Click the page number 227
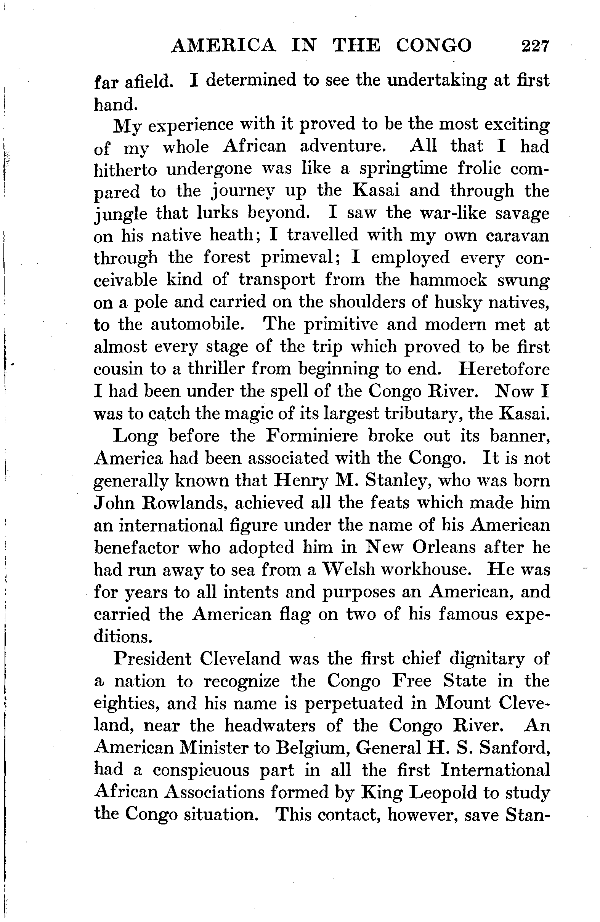535,46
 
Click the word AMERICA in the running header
224,46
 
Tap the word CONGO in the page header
434,46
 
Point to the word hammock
448,280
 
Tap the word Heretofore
504,369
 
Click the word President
152,659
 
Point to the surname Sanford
514,748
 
